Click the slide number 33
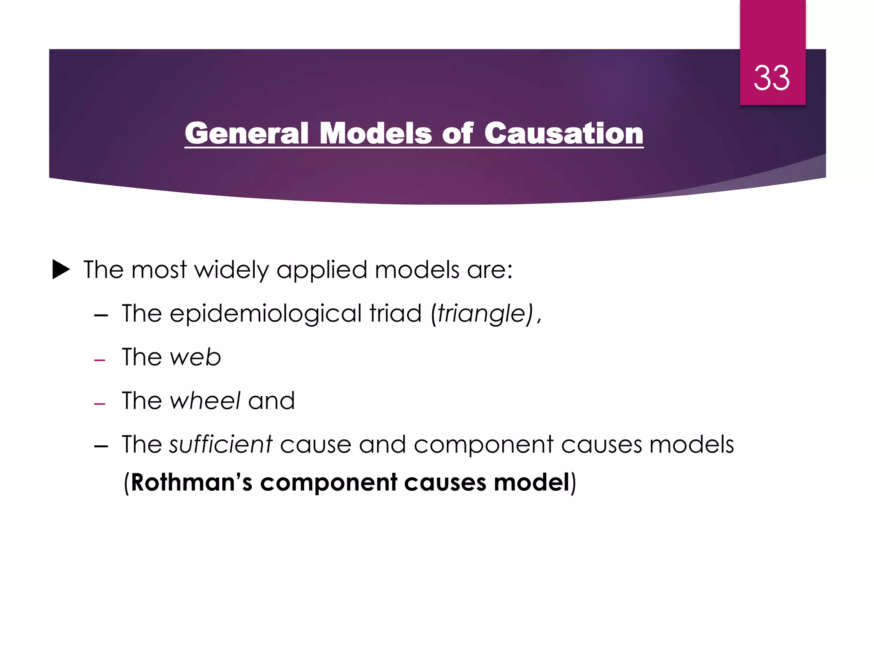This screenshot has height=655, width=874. pos(772,78)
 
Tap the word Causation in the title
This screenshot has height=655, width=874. pos(563,133)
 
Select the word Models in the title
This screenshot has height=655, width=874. pos(376,133)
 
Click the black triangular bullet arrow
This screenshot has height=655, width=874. pos(61,270)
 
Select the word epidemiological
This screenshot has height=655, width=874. pos(265,314)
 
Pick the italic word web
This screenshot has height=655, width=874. pos(195,357)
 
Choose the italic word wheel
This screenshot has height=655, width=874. pos(205,400)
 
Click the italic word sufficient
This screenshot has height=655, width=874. pos(221,444)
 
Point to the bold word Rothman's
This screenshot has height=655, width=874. pos(192,483)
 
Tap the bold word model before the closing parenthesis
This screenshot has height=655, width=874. pos(532,483)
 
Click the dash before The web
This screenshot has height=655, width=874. pos(100,360)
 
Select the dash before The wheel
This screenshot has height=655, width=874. pos(100,404)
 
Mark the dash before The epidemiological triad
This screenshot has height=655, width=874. pos(101,316)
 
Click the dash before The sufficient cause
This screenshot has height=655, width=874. pos(101,447)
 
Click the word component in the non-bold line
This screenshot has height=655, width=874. pos(484,445)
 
